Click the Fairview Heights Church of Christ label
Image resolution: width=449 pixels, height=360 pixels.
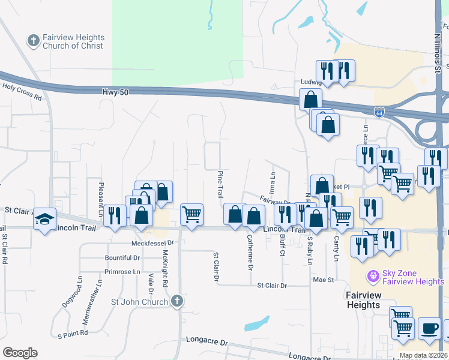coord(73,41)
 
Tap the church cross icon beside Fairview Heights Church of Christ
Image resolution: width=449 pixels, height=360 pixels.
coord(33,41)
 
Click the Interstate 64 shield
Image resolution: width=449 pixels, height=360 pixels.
coord(379,112)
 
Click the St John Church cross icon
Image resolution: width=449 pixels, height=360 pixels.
coord(176,301)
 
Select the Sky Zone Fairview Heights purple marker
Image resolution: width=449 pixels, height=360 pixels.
coord(374,277)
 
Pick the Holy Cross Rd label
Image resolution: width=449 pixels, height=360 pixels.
coord(22,91)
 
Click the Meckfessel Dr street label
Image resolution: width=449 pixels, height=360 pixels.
coord(152,243)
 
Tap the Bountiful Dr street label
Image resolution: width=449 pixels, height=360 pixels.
coord(122,257)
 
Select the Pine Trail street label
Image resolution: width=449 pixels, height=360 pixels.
coord(220,183)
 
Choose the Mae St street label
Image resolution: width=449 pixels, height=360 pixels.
coord(323,280)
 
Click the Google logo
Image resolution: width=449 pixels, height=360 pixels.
coord(20,353)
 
